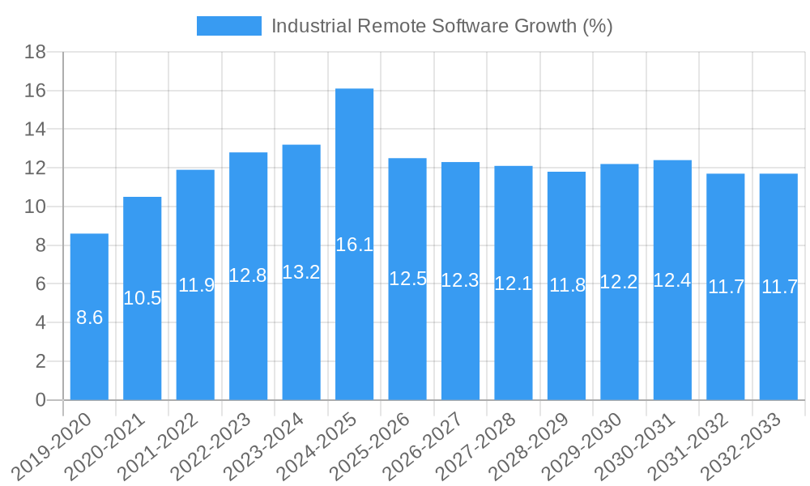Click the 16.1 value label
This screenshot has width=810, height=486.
click(x=354, y=245)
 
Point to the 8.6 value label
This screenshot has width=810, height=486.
click(x=89, y=318)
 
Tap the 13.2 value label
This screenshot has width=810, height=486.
click(x=301, y=272)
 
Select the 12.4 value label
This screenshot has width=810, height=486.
click(x=672, y=280)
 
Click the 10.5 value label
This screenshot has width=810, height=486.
click(x=143, y=298)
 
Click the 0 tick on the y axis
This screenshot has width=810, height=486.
click(x=40, y=400)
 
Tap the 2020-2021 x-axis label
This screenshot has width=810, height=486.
click(x=110, y=446)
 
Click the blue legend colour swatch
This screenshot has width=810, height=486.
click(x=228, y=26)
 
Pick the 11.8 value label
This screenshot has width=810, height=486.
click(x=567, y=285)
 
